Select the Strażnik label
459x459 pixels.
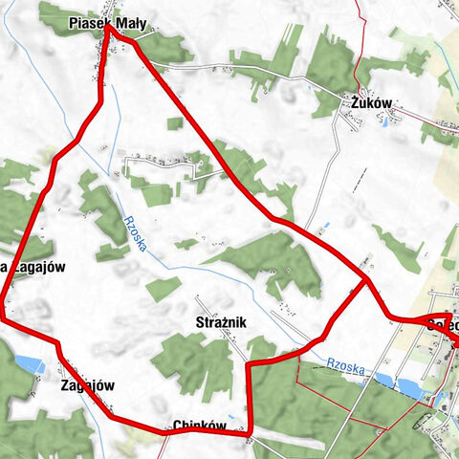pyautogui.click(x=221, y=323)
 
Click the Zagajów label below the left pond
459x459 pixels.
pyautogui.click(x=87, y=385)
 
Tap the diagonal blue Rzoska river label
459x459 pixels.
pyautogui.click(x=136, y=232)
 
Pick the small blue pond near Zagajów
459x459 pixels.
pyautogui.click(x=28, y=363)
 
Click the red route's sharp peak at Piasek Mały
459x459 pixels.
pyautogui.click(x=108, y=26)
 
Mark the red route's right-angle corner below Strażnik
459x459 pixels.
pyautogui.click(x=249, y=363)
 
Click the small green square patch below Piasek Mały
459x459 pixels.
pyautogui.click(x=174, y=123)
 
